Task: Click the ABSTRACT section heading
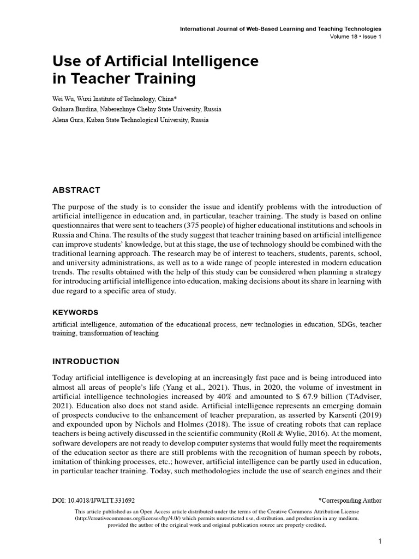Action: coord(76,190)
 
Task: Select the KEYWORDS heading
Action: coord(75,312)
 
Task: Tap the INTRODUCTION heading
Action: coord(86,361)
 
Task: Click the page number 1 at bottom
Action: coord(379,542)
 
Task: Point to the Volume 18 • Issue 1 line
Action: coord(355,37)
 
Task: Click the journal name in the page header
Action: coord(280,28)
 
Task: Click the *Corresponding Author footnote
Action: coord(350,500)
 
